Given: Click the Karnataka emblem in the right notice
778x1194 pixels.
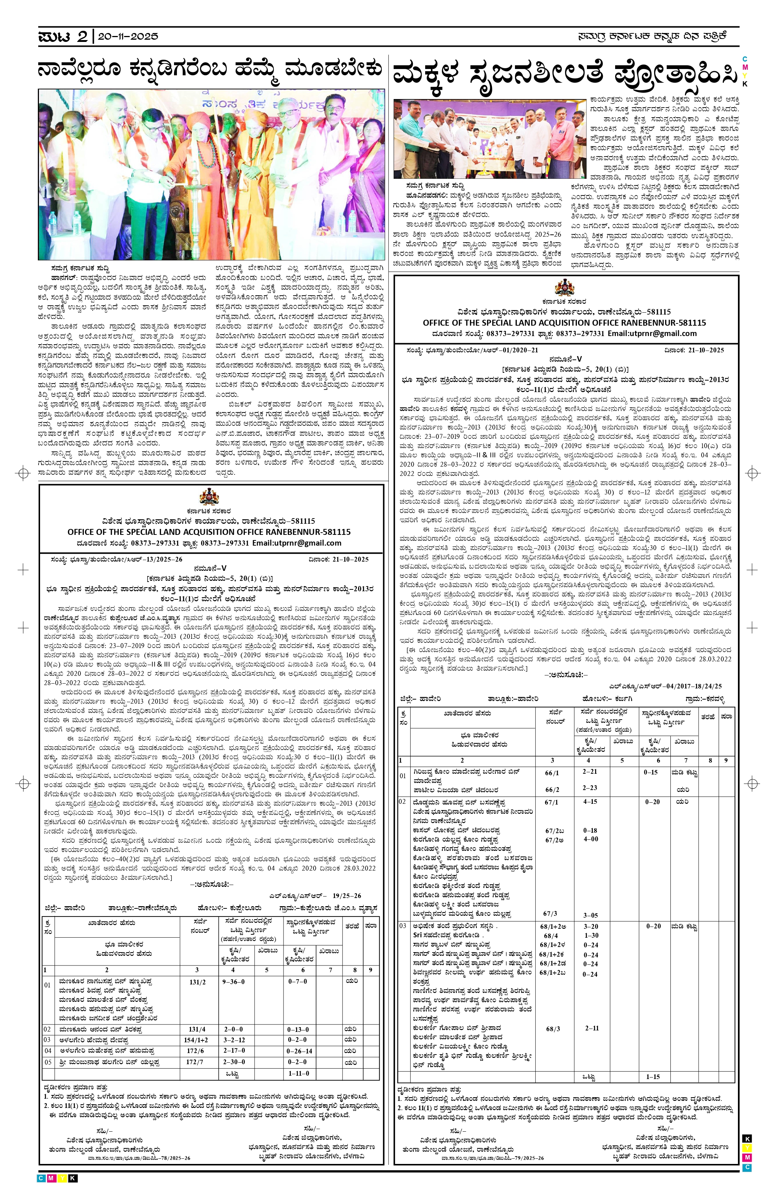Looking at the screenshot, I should point(564,288).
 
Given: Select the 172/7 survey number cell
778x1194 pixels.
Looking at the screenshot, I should point(195,1062).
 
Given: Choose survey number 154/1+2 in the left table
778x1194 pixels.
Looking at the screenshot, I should point(196,1039).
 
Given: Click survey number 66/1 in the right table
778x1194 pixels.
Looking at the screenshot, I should point(552,773).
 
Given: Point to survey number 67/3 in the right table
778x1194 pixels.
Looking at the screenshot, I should point(550,913).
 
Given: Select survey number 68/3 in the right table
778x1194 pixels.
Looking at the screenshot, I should point(553,1029).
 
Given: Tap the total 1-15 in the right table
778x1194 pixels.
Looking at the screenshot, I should point(653,1077).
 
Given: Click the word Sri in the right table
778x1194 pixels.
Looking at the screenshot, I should point(417,935).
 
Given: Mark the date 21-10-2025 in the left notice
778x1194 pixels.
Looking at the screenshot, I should point(350,559).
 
